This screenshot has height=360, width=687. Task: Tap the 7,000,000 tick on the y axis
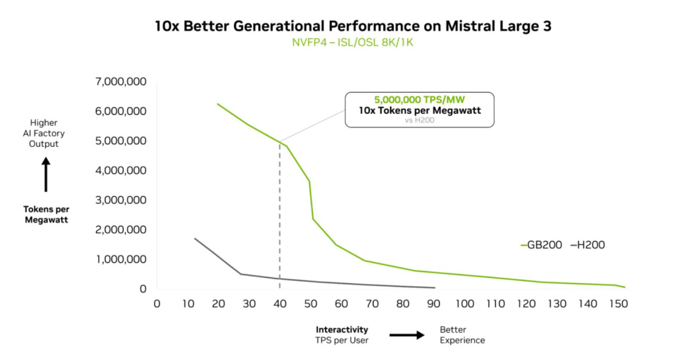(121, 81)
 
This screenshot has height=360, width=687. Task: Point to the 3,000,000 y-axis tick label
(121, 200)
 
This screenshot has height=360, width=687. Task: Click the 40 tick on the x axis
(280, 303)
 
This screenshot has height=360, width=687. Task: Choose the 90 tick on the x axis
(434, 303)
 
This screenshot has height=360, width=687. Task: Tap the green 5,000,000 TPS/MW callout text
(419, 100)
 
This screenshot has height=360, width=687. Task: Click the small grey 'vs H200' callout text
(419, 120)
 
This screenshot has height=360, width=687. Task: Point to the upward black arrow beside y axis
(46, 175)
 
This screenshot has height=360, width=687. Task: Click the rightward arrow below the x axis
(407, 335)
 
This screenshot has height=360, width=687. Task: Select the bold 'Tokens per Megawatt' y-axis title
(46, 214)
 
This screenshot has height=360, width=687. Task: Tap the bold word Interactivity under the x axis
(342, 329)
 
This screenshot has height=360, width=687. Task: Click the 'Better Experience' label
(462, 335)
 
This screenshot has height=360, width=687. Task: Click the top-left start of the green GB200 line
(218, 104)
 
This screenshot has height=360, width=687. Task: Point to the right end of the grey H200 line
(434, 287)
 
